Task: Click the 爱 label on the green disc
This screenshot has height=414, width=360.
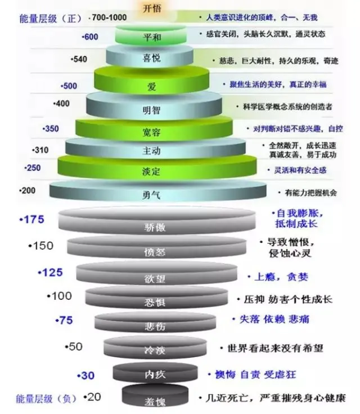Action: point(151,87)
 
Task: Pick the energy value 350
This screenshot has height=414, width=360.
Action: point(51,129)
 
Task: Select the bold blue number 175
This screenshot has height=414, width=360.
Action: point(32,219)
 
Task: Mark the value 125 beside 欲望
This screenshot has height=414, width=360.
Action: point(51,273)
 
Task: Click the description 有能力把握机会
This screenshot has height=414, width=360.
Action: point(310,193)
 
